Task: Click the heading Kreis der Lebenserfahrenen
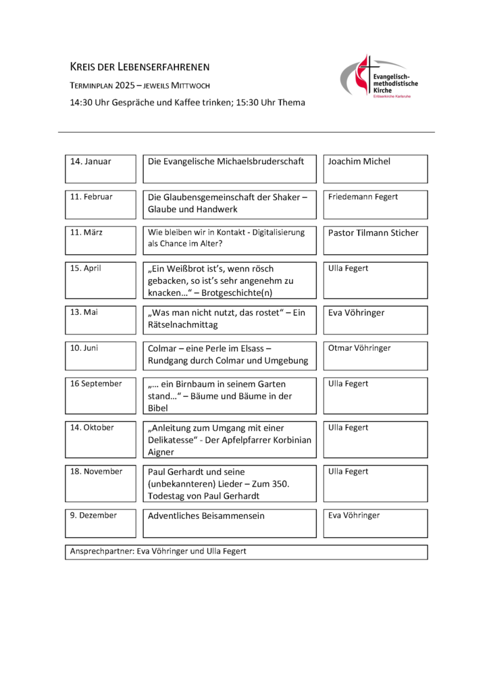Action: click(x=140, y=66)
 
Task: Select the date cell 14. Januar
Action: click(x=91, y=162)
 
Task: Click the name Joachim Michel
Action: click(x=359, y=162)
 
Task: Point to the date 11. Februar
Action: click(x=92, y=197)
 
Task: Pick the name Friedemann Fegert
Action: click(x=363, y=197)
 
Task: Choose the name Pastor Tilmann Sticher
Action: click(x=374, y=232)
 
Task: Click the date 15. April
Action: click(x=86, y=268)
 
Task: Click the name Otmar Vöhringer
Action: click(x=359, y=348)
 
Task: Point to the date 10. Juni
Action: click(x=84, y=348)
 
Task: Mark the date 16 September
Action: click(x=96, y=384)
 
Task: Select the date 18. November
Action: click(x=97, y=472)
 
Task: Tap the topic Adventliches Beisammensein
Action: click(x=206, y=516)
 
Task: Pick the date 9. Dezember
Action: click(x=93, y=516)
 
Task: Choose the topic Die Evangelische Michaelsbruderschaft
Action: click(x=226, y=162)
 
